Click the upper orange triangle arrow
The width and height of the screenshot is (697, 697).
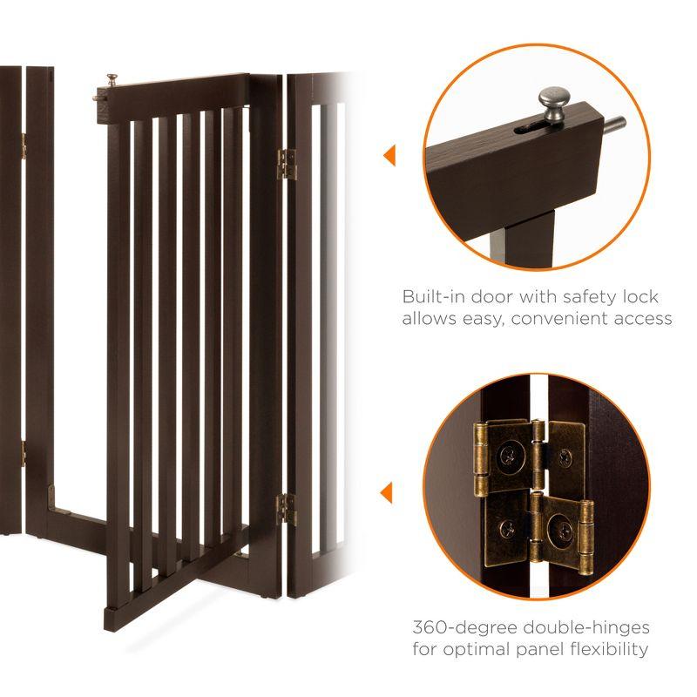click(389, 156)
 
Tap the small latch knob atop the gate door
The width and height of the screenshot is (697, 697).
click(112, 82)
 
